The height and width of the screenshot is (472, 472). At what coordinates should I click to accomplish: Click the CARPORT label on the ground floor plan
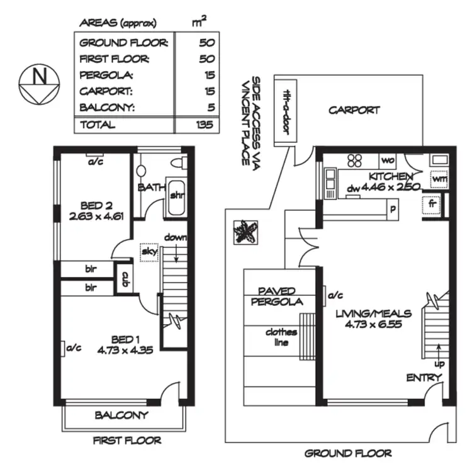(354, 110)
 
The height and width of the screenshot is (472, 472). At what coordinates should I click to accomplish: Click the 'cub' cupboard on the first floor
(125, 278)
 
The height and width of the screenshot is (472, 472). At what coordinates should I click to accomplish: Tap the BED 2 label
(96, 205)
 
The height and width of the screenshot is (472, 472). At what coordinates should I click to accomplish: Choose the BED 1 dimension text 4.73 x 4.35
(125, 351)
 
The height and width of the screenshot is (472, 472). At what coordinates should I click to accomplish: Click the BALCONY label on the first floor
(121, 415)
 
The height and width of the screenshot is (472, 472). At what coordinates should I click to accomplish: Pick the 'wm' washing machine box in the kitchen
(439, 178)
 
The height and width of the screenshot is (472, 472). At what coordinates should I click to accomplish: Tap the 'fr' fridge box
(432, 205)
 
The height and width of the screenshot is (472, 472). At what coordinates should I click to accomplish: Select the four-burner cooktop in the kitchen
(354, 160)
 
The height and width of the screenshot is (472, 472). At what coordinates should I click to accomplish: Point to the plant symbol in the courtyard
(245, 232)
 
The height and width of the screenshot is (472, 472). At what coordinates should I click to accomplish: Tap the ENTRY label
(424, 378)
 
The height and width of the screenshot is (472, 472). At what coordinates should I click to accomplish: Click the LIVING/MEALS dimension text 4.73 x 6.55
(373, 325)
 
